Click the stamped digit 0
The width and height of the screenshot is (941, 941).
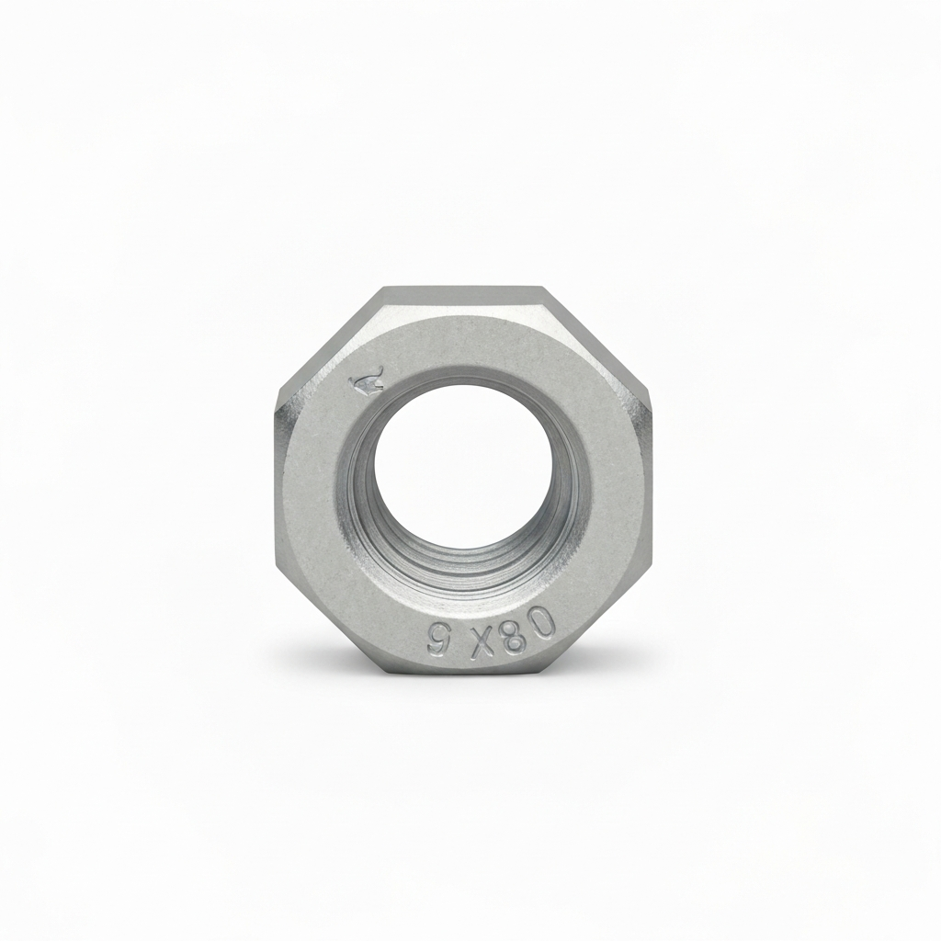click(543, 624)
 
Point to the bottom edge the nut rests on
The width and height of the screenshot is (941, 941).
click(464, 675)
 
